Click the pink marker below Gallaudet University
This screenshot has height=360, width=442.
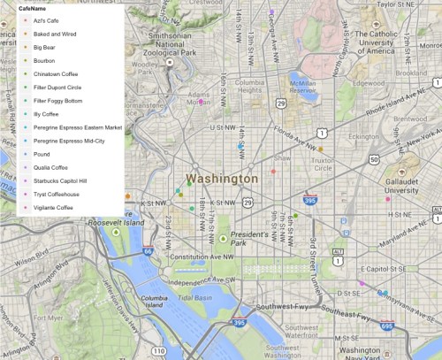point(387,199)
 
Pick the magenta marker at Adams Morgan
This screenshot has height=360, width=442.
point(202,103)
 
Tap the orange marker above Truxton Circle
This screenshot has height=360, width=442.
point(321,149)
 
